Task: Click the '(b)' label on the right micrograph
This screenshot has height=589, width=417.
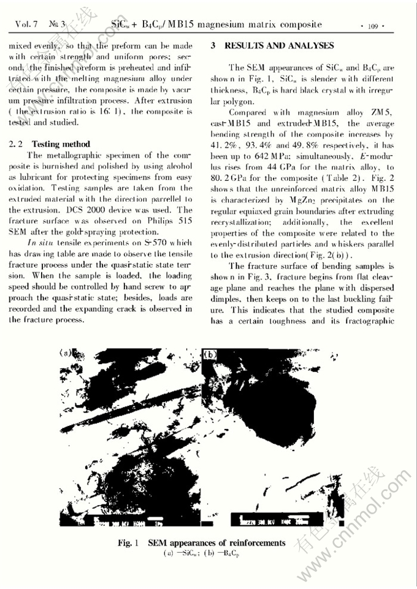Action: [x=210, y=354]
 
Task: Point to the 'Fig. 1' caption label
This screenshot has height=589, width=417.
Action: [x=129, y=543]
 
